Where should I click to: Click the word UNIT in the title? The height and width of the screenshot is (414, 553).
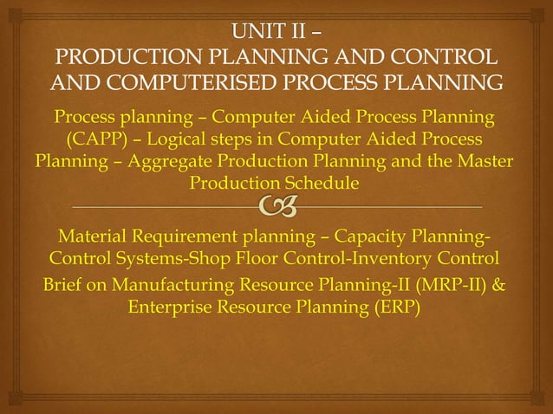pos(254,34)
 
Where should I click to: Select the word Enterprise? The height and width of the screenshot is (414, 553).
pos(178,307)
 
